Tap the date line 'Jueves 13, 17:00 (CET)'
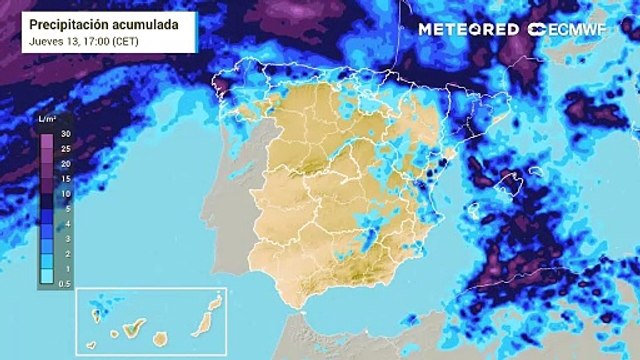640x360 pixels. point(84,41)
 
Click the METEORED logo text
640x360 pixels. point(468,29)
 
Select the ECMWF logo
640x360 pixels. point(566,29)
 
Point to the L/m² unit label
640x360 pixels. point(47,120)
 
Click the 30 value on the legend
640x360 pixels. point(64,133)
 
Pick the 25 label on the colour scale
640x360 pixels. point(64,148)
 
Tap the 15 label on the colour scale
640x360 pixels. point(64,177)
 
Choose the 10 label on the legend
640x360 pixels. point(64,192)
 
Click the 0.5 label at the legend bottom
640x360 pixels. point(64,284)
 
